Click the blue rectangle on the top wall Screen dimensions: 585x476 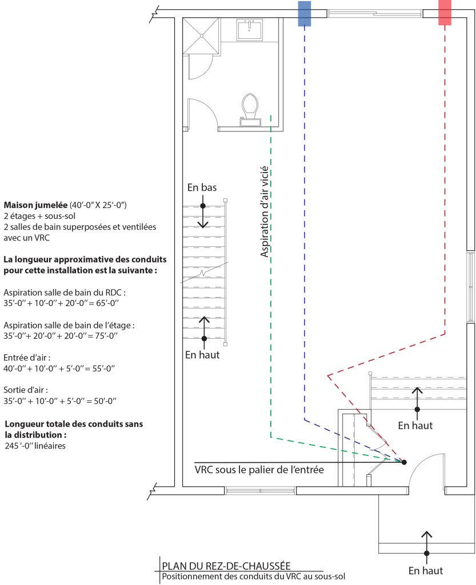(x=304, y=14)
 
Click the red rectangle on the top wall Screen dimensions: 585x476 (x=445, y=13)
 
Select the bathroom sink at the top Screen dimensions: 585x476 (x=249, y=29)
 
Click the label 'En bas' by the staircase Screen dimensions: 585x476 (x=202, y=187)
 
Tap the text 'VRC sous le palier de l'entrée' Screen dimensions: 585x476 (x=259, y=470)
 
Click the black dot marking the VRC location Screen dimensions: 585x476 (x=404, y=462)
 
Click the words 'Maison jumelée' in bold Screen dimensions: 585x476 (x=35, y=205)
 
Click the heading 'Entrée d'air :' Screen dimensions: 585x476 (x=27, y=357)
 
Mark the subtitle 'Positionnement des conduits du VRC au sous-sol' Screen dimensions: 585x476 (x=254, y=576)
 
